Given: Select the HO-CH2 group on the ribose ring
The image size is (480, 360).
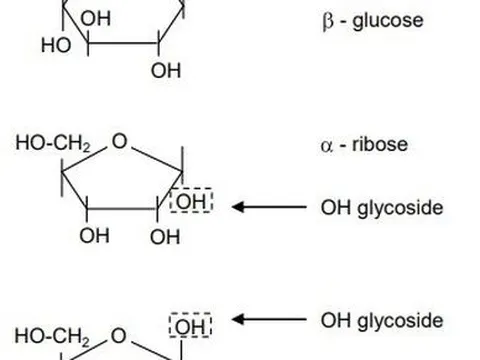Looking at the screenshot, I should point(53,143).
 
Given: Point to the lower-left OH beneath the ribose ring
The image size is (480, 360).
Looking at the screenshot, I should point(95,237).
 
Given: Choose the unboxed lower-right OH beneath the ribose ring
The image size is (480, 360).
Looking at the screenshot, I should point(165,237).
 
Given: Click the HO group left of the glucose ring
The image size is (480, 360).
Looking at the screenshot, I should point(54,45).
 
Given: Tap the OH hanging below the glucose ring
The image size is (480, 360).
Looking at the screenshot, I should point(166,72).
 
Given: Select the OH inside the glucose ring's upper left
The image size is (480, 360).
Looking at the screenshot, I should point(95,19).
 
